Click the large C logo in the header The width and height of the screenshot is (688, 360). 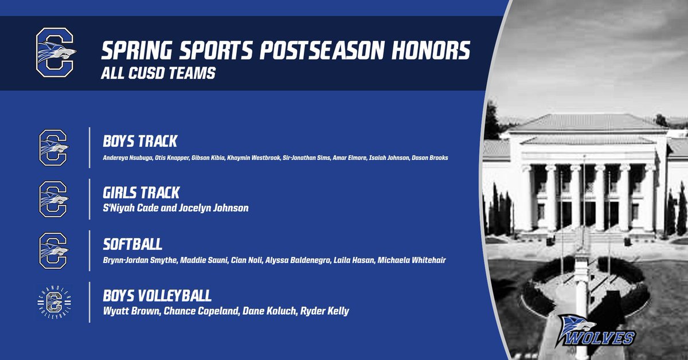(x=54, y=53)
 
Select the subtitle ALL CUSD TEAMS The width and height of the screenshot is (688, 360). (x=158, y=75)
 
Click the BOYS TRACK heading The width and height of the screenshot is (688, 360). (x=140, y=141)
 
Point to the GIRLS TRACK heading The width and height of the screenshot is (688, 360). (x=140, y=193)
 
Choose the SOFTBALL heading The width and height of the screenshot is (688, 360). (x=132, y=244)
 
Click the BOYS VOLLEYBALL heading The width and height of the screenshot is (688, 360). (x=157, y=296)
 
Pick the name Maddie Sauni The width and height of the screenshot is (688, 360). (x=198, y=260)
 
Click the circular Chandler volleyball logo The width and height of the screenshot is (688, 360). (x=53, y=302)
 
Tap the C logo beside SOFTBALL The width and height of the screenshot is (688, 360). (x=53, y=250)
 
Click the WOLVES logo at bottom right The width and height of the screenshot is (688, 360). (x=597, y=331)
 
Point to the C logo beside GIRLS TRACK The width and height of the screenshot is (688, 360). (x=53, y=198)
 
